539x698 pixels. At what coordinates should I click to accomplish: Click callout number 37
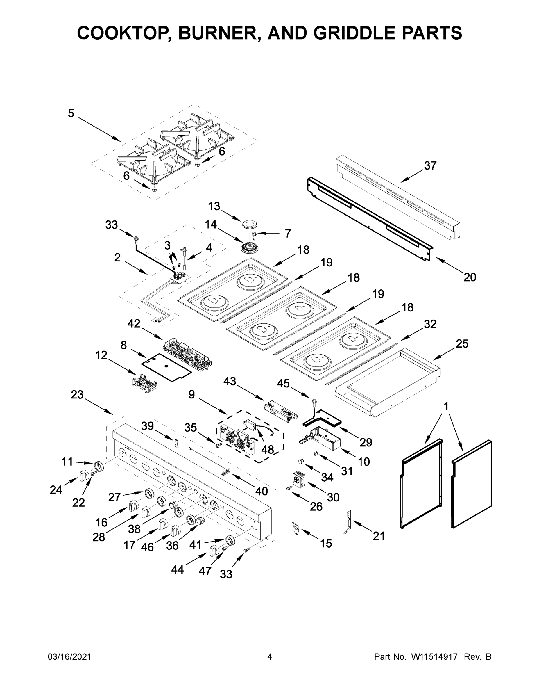pos(430,165)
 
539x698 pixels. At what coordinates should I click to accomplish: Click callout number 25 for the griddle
pos(462,344)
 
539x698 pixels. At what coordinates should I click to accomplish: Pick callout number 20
pos(470,277)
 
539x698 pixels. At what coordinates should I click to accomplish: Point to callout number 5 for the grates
pos(71,113)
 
